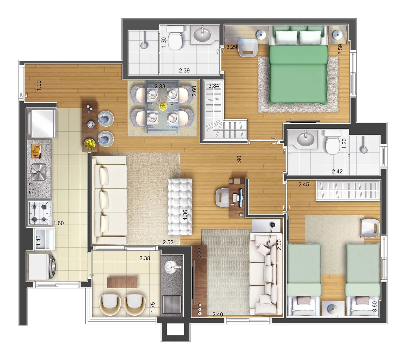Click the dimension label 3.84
point(213,86)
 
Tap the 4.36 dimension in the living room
point(185,215)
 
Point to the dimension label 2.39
point(184,70)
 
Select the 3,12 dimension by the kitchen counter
point(31,188)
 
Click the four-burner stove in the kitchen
point(39,213)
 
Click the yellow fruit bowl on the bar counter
point(90,144)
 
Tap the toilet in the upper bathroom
point(175,38)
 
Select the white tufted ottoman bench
point(180,207)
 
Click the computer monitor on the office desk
point(240,197)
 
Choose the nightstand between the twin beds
point(333,309)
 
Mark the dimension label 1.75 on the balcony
point(153,307)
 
